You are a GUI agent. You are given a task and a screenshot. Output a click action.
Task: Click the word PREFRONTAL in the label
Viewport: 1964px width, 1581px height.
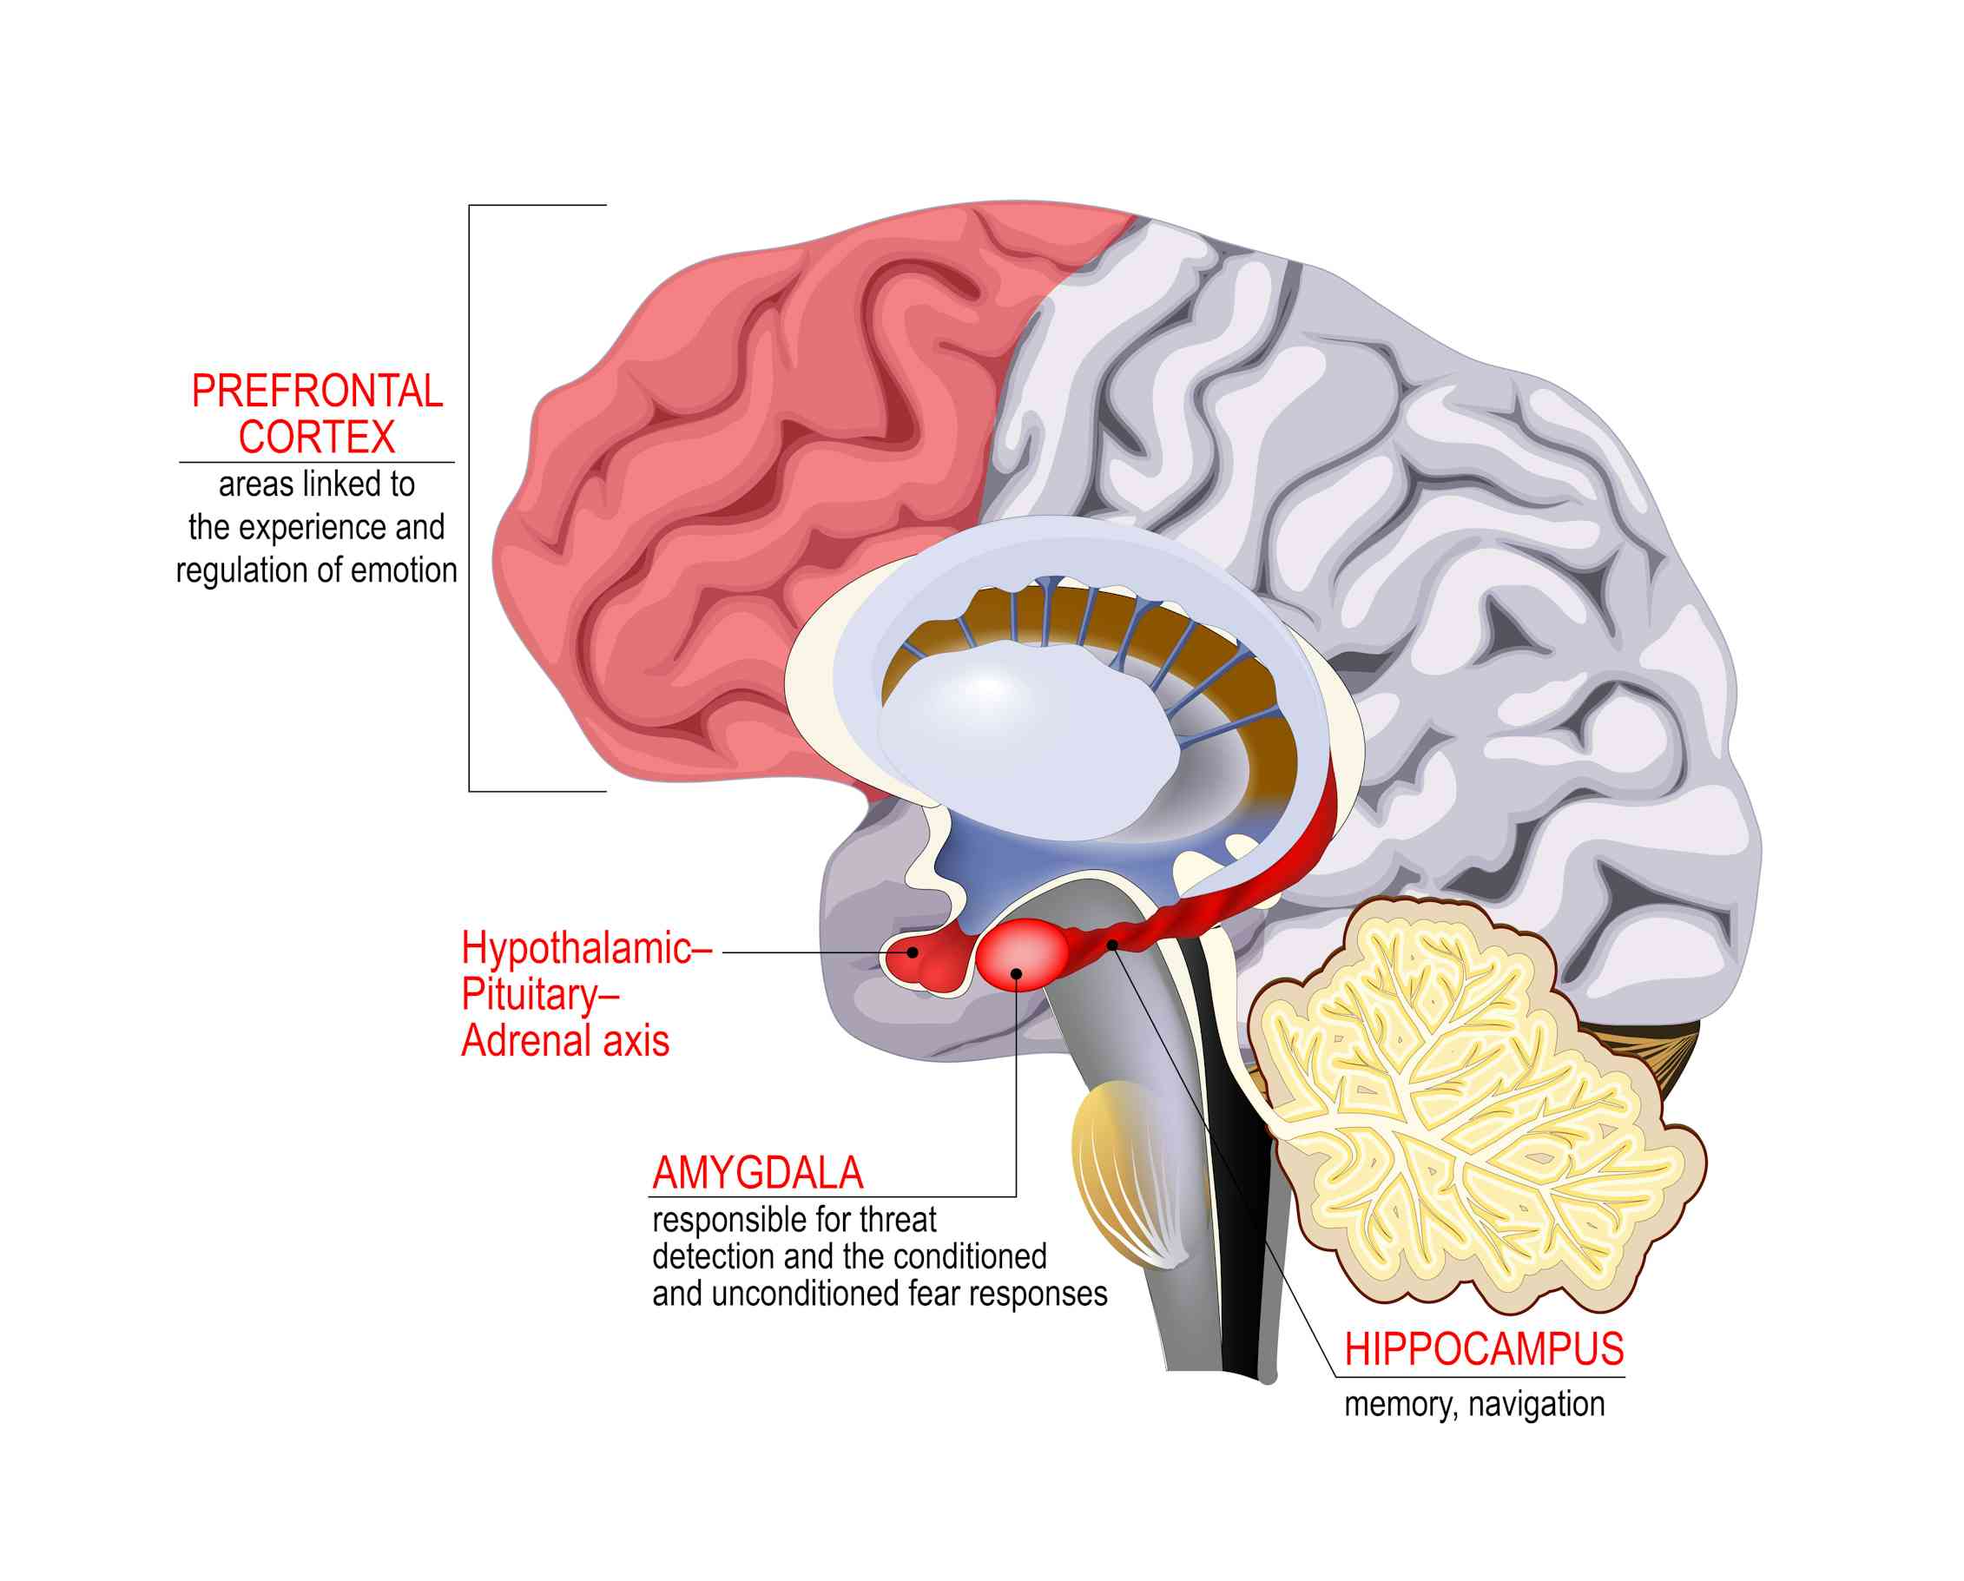[317, 392]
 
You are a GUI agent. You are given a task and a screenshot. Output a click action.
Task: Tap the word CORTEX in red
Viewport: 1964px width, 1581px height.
[316, 438]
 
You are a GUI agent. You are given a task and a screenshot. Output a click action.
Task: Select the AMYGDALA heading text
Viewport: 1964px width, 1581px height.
[757, 1174]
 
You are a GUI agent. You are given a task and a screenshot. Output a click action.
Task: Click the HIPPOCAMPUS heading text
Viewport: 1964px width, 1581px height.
[1484, 1350]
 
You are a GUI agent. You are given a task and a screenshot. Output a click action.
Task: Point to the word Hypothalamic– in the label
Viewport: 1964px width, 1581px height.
[586, 949]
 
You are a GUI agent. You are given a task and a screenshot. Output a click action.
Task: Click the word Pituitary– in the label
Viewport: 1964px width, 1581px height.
[539, 994]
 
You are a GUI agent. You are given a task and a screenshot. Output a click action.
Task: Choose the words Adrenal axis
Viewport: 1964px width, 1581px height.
[564, 1041]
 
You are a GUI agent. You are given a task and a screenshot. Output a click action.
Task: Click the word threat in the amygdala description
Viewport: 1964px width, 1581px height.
[897, 1220]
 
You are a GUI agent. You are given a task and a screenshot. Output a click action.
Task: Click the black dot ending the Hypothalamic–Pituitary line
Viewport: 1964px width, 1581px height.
[912, 952]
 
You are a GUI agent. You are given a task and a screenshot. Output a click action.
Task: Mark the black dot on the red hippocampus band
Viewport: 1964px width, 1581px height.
[1112, 945]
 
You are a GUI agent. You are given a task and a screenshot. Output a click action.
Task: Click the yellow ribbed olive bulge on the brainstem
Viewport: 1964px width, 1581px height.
[1125, 1175]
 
